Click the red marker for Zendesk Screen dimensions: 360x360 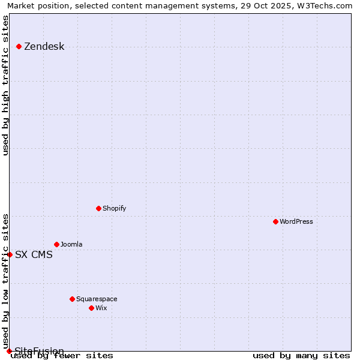point(19,46)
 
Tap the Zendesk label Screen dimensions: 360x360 point(44,47)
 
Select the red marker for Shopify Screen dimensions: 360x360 point(99,208)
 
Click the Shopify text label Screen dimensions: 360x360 point(114,208)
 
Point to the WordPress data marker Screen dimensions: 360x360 point(276,221)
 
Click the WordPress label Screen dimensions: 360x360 point(296,221)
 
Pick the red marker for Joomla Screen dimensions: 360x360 point(57,244)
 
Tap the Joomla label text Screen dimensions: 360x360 point(71,244)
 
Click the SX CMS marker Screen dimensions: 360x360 point(10,254)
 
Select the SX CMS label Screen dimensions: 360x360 point(34,254)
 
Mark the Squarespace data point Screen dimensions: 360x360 point(73,299)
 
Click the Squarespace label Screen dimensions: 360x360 point(97,299)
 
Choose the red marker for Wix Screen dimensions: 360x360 point(92,308)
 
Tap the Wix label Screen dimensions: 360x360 point(101,308)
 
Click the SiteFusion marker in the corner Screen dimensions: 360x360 point(9,351)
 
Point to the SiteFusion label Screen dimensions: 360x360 point(39,351)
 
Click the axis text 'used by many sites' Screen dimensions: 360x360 point(301,355)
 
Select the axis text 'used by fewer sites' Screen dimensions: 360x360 point(62,356)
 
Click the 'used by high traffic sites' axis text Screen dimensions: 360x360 point(6,85)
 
